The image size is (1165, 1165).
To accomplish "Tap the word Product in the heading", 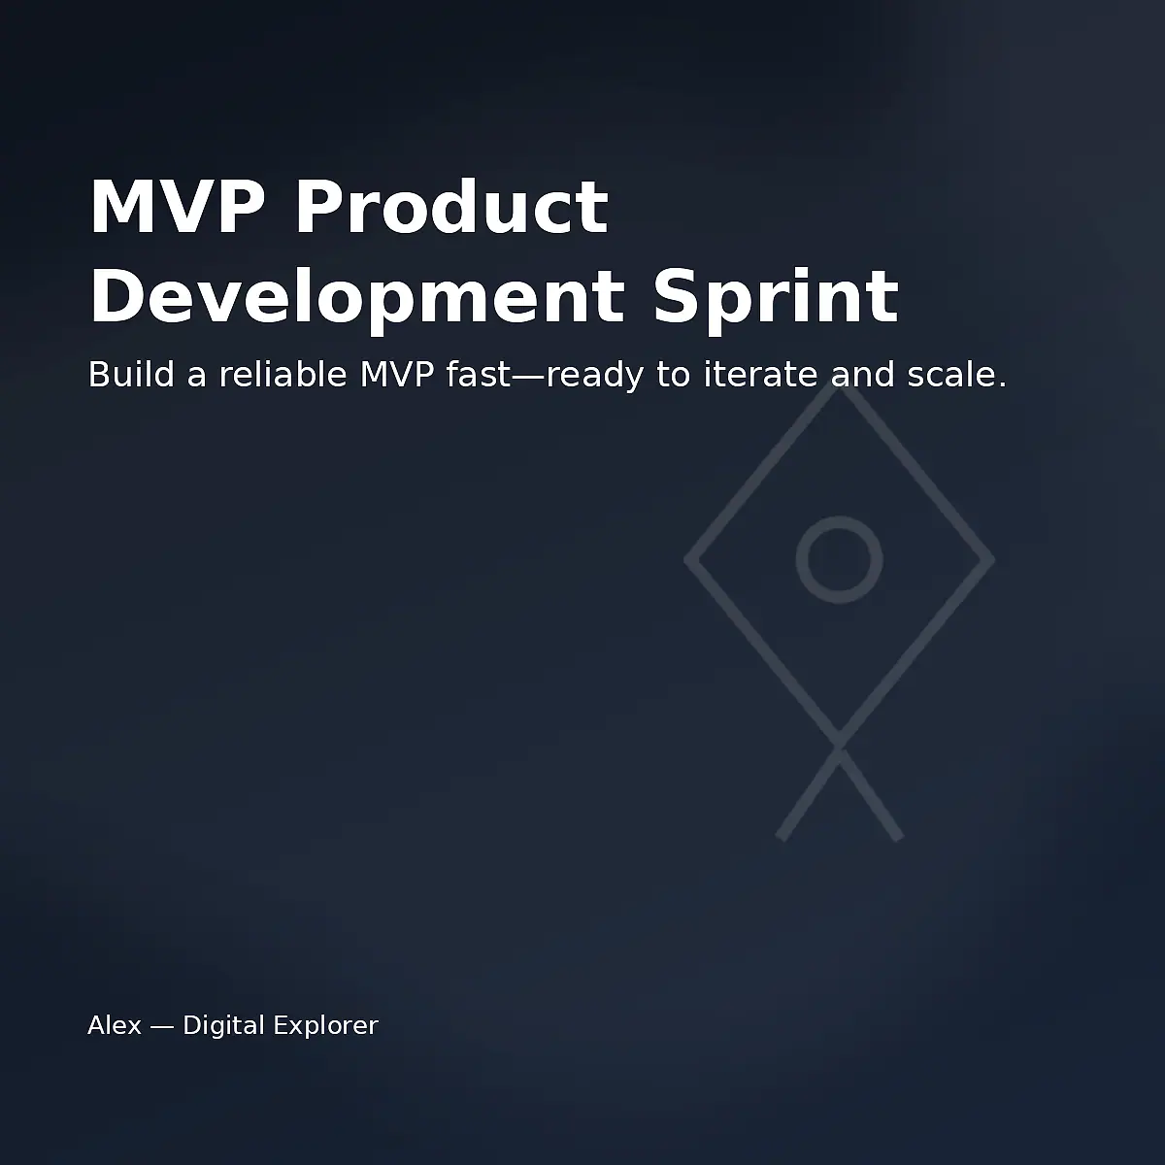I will tap(451, 207).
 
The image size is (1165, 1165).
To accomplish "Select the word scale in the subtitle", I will tap(956, 374).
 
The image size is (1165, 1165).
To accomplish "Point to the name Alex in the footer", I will tap(115, 1025).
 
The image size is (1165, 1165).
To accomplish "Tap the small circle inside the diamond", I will tap(840, 559).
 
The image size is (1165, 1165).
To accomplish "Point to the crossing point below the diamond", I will tap(840, 747).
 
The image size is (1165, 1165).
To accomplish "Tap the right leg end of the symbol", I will tap(899, 837).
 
